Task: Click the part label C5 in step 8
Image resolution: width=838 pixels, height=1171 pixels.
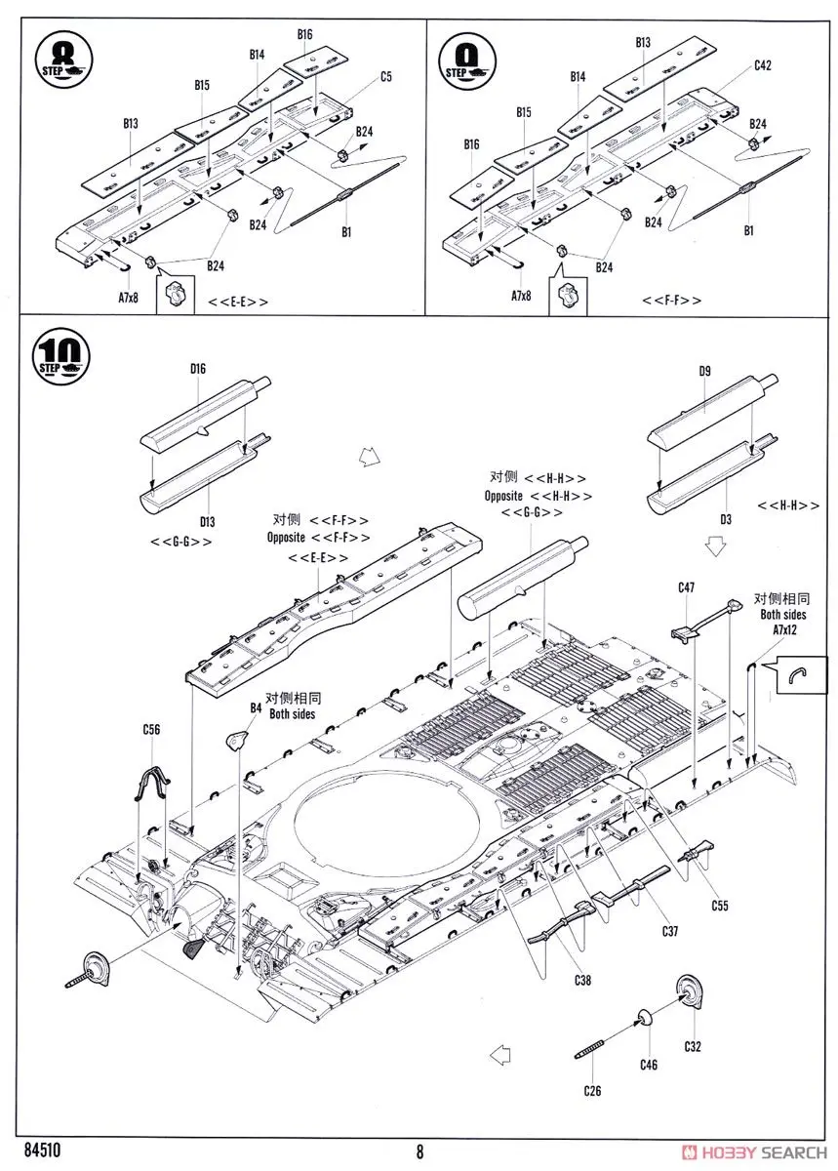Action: [x=386, y=76]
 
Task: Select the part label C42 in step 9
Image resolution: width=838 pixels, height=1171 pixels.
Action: [x=763, y=66]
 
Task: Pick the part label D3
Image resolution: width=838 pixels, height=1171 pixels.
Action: [x=724, y=520]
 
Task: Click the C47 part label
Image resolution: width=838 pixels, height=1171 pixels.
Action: [x=686, y=587]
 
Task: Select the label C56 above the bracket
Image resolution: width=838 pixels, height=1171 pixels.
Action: [x=151, y=729]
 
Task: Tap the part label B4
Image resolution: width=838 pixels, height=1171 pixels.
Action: [x=256, y=707]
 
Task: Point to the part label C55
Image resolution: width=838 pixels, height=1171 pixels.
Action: [x=719, y=906]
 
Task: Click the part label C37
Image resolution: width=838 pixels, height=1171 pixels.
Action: [x=669, y=931]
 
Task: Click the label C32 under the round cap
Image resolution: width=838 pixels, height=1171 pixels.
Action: [x=694, y=1047]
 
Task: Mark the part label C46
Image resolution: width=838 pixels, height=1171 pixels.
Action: [x=649, y=1066]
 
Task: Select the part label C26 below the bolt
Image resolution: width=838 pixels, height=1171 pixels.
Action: [x=592, y=1090]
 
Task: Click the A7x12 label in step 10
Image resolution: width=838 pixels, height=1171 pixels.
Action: [x=779, y=630]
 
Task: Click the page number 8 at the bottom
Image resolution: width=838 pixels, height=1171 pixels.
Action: [x=419, y=1151]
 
